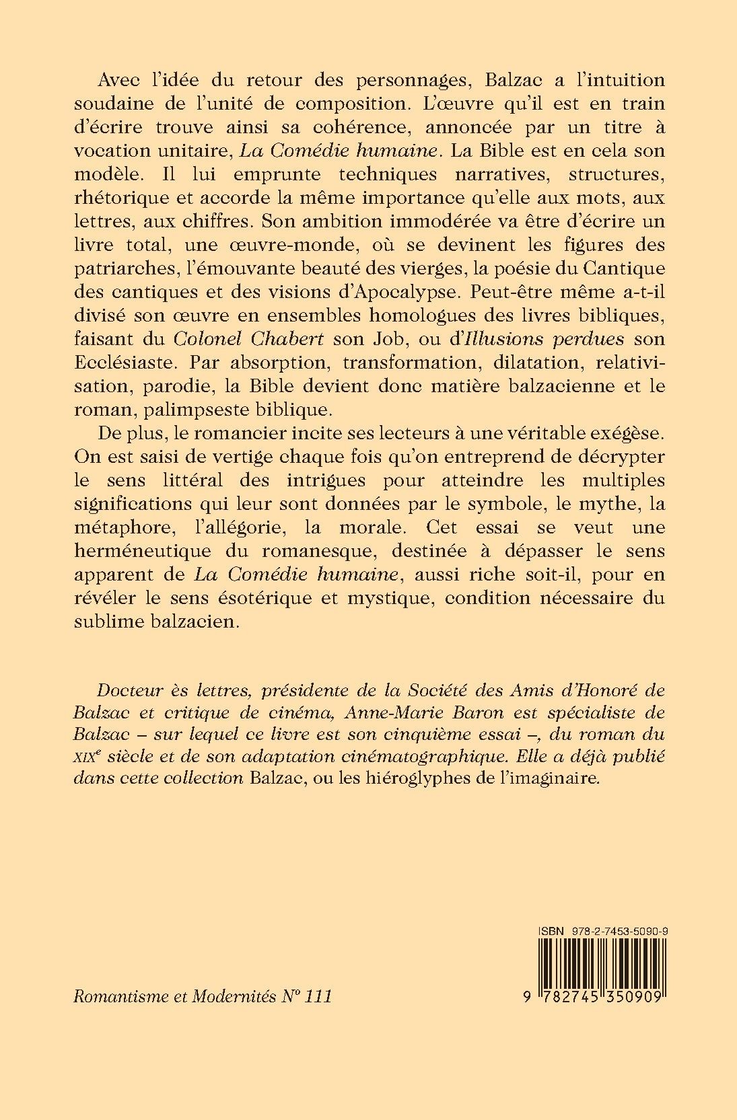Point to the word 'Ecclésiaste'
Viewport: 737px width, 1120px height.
[129, 363]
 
